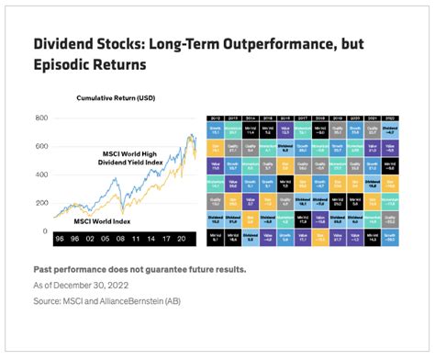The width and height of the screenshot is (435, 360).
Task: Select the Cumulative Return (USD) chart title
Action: [x=117, y=97]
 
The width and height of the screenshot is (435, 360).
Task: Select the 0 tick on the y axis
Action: [x=44, y=231]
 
